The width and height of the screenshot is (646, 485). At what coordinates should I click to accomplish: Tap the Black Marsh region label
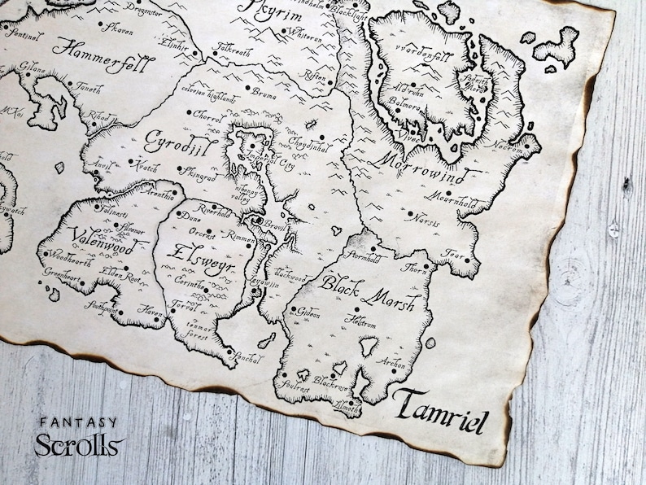tap(367, 292)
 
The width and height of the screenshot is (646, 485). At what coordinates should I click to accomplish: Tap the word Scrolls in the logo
tap(79, 445)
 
